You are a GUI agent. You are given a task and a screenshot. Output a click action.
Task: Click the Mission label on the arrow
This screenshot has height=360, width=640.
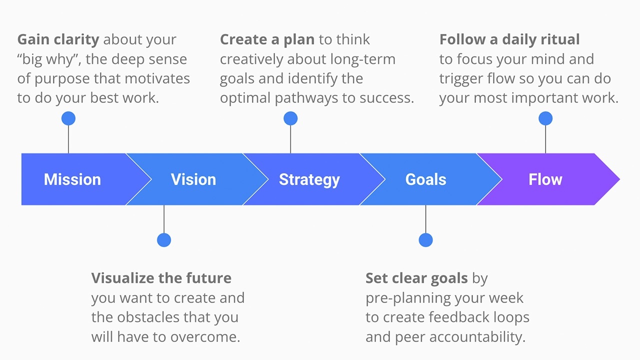click(72, 179)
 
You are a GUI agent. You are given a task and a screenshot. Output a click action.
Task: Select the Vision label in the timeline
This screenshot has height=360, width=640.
click(193, 179)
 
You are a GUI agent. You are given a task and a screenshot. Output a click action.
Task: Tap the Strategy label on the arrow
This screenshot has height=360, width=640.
click(309, 179)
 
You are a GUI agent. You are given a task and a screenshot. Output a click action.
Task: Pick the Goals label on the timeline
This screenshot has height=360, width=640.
click(425, 179)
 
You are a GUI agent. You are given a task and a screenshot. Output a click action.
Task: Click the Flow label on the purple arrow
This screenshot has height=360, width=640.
click(545, 179)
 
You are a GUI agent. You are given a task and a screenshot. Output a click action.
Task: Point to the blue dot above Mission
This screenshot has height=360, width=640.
click(68, 118)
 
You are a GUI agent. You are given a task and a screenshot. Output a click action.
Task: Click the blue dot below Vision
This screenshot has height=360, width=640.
click(164, 240)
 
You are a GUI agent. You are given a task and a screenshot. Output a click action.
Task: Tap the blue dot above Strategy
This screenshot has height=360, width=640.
click(290, 118)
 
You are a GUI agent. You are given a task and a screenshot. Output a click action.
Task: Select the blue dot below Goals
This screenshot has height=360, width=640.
click(425, 240)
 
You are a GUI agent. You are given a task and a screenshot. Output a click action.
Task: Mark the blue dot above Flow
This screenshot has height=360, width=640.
click(545, 118)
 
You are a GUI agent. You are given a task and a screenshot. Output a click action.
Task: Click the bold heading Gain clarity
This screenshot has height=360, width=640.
click(58, 39)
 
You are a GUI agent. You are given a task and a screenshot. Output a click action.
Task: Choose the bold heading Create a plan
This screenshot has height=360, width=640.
click(267, 39)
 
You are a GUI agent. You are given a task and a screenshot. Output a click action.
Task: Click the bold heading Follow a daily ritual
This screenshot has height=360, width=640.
click(509, 39)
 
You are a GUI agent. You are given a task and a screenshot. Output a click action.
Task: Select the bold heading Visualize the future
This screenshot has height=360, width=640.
click(161, 278)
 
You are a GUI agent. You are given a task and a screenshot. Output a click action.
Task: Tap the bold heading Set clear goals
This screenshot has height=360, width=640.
click(416, 278)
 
